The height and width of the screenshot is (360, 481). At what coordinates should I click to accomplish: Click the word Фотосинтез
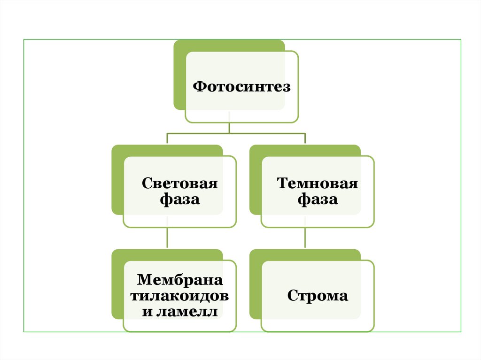click(242, 87)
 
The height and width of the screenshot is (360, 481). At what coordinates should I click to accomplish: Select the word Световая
click(180, 183)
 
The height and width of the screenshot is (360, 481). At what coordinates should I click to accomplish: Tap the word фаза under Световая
click(180, 199)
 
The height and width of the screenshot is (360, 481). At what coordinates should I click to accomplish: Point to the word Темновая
click(318, 183)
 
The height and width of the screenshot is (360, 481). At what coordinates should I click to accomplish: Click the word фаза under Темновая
click(318, 199)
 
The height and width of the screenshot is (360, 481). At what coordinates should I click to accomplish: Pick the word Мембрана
click(179, 280)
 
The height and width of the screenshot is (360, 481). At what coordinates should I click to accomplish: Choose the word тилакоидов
click(179, 296)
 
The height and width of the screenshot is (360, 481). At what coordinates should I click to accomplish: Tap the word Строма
click(318, 296)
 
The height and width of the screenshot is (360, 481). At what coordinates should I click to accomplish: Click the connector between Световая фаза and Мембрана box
click(168, 238)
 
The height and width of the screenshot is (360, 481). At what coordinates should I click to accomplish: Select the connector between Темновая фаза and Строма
click(305, 238)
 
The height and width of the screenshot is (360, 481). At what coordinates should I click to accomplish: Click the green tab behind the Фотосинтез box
click(179, 75)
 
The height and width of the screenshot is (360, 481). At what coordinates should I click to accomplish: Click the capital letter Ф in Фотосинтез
click(200, 87)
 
